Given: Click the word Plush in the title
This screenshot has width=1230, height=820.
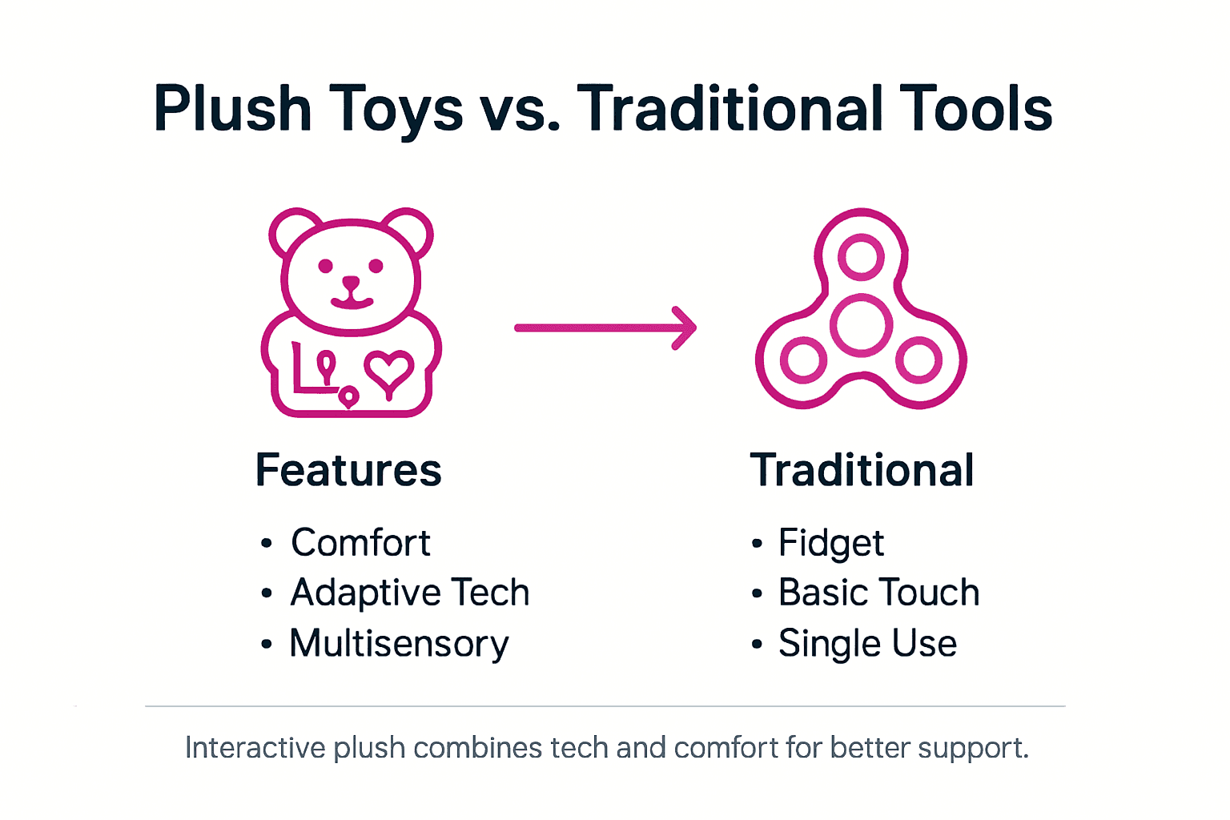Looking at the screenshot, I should pos(232,109).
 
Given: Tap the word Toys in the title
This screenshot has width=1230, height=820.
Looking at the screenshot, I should pos(396,111).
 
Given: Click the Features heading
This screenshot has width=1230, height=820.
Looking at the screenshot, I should pos(348,470).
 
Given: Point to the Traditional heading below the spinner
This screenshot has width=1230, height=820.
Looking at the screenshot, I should pos(862,470).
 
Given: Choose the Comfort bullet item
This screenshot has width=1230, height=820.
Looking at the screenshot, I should pos(360,543).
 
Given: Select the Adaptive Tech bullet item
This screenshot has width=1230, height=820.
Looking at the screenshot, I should pos(410,593).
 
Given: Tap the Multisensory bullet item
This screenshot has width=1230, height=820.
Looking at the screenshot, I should pos(399,644).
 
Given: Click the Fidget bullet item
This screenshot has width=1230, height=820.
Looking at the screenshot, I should pos(830,543).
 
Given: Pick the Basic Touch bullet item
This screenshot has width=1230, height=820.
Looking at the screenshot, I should pos(878,593).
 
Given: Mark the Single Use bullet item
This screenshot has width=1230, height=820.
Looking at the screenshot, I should pos(867,644).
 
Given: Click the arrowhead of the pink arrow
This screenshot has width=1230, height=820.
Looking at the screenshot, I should pos(685,328).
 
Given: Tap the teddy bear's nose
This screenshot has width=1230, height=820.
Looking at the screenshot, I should pos(351,283).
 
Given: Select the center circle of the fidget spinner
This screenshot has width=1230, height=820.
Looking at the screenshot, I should pos(861,326).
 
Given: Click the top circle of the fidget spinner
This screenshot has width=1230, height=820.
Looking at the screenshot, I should pos(861,257).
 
